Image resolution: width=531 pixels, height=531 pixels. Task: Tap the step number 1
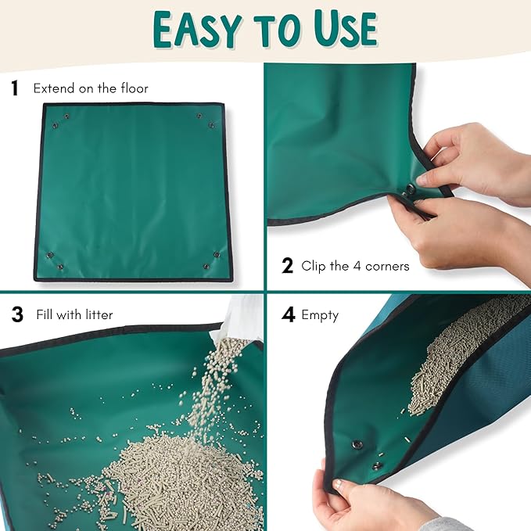pyautogui.click(x=15, y=88)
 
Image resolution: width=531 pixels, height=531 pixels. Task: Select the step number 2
pyautogui.click(x=287, y=266)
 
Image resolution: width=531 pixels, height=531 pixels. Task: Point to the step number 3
pyautogui.click(x=17, y=315)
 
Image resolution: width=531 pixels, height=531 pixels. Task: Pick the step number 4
pyautogui.click(x=289, y=315)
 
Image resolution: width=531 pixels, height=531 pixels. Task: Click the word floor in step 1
pyautogui.click(x=131, y=88)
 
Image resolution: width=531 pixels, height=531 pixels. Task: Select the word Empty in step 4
pyautogui.click(x=320, y=316)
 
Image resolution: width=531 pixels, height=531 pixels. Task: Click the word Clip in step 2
pyautogui.click(x=314, y=266)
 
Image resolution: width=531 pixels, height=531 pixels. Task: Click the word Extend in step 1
pyautogui.click(x=52, y=88)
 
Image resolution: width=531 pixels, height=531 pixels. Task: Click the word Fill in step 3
pyautogui.click(x=45, y=315)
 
